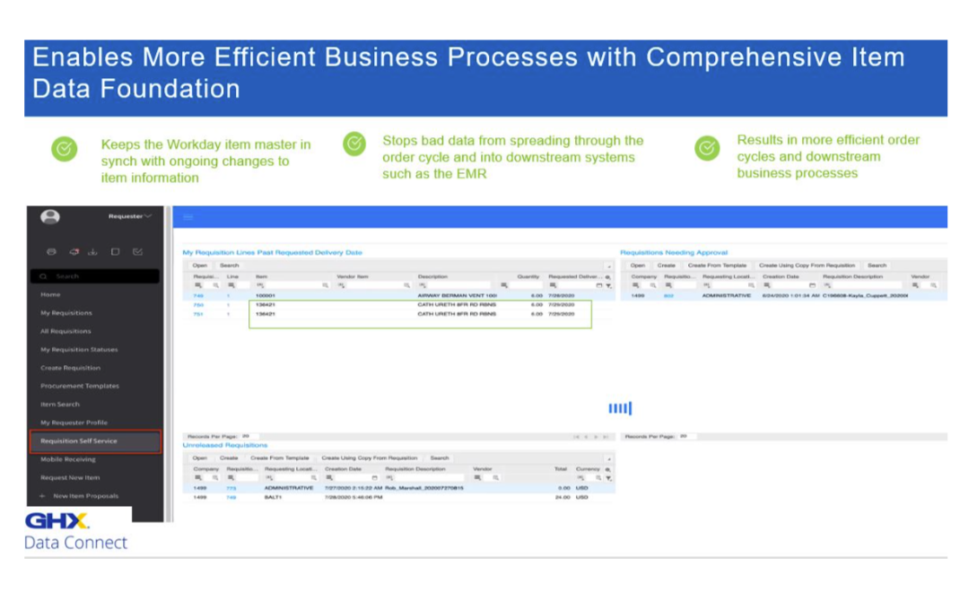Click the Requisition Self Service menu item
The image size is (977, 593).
pyautogui.click(x=79, y=440)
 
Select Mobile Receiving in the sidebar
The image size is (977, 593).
pyautogui.click(x=68, y=459)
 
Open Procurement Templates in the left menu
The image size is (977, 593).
pyautogui.click(x=80, y=386)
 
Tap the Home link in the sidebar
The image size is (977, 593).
pyautogui.click(x=50, y=294)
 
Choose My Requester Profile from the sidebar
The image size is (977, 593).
pyautogui.click(x=74, y=423)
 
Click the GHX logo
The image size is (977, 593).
pyautogui.click(x=57, y=521)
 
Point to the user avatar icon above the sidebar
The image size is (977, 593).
pyautogui.click(x=51, y=216)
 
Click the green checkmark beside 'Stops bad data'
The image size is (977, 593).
pyautogui.click(x=354, y=144)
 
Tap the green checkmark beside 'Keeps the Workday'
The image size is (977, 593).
pyautogui.click(x=64, y=148)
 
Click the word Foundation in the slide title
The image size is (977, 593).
pyautogui.click(x=179, y=89)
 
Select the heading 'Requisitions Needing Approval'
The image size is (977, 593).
pyautogui.click(x=674, y=253)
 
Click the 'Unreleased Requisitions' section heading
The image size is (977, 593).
pyautogui.click(x=225, y=445)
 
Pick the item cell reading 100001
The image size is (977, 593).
pyautogui.click(x=266, y=295)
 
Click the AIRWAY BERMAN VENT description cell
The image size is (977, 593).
pyautogui.click(x=458, y=295)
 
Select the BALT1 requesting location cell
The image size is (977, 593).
pyautogui.click(x=275, y=496)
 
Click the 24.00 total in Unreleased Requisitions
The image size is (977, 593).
pyautogui.click(x=563, y=496)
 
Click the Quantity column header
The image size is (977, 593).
pyautogui.click(x=528, y=276)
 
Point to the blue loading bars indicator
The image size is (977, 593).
pyautogui.click(x=620, y=409)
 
